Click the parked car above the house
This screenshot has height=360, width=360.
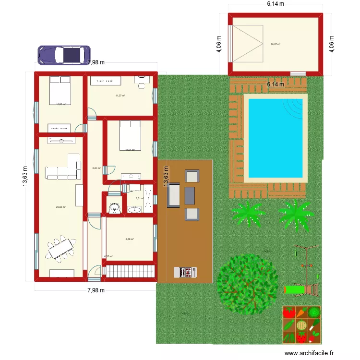[x=64, y=55]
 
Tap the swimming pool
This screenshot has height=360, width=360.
[x=276, y=137]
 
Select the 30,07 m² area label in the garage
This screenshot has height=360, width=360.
[x=275, y=44]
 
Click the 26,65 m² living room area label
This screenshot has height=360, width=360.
[x=60, y=207]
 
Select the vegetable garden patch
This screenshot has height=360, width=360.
[x=301, y=324]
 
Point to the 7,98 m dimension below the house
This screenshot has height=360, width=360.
[x=96, y=290]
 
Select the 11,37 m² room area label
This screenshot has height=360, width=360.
[x=120, y=96]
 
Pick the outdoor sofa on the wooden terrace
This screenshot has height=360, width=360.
[x=173, y=195]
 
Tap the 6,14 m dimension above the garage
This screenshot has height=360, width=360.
[x=276, y=4]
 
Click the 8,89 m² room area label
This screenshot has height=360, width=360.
[x=130, y=239]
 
